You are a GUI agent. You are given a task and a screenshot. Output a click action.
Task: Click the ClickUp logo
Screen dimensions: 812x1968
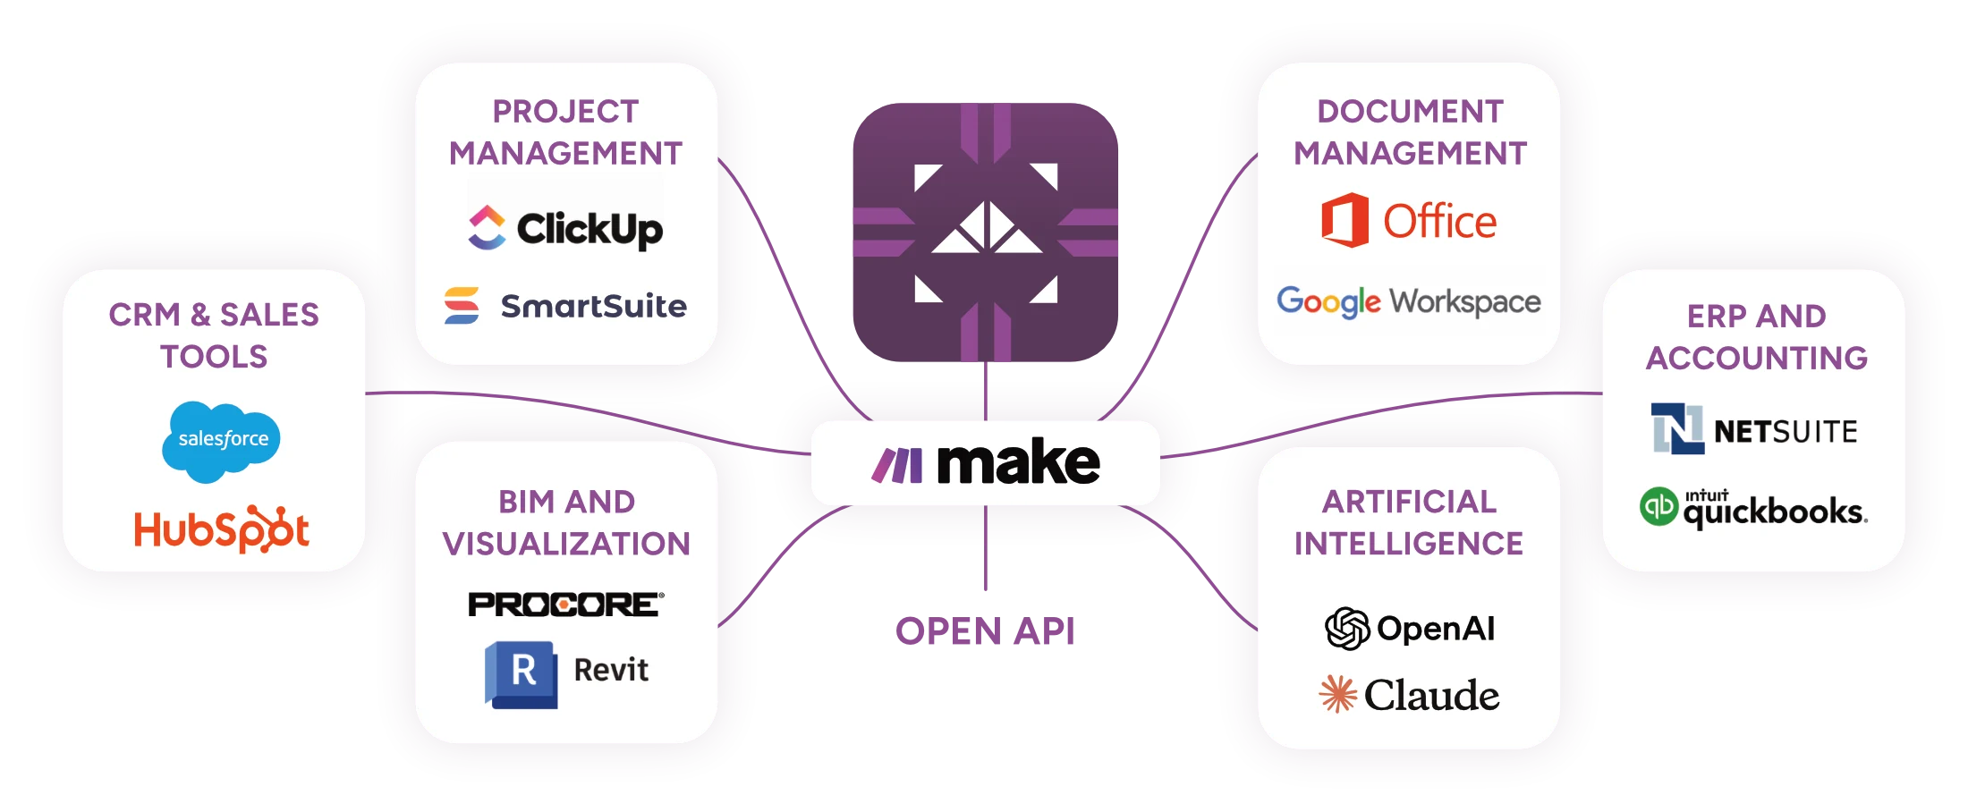[565, 228]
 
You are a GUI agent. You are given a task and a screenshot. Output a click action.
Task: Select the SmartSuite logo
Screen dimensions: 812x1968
[565, 306]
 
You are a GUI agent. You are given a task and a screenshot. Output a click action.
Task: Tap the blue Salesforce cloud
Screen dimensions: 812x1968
[221, 440]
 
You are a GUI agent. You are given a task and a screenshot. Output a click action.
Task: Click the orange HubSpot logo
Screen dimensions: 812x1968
[221, 529]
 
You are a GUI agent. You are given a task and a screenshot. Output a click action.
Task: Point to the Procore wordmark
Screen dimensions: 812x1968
[565, 605]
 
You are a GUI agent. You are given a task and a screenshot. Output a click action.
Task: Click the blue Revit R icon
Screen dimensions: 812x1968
[522, 673]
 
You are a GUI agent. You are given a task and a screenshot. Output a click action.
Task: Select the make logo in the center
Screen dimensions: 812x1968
[985, 463]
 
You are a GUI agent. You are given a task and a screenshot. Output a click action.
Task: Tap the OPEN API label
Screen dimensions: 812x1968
[984, 633]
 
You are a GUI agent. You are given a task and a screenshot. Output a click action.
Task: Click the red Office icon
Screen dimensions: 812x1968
[1345, 220]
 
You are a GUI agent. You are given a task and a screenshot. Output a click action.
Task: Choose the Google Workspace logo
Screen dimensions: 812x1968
[1408, 302]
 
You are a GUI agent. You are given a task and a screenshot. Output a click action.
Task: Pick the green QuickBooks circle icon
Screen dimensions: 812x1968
[1658, 506]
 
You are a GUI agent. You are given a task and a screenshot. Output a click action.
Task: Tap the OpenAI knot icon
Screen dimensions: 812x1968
[1347, 628]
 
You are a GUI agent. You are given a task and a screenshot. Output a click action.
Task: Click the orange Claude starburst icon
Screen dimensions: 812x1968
[1337, 694]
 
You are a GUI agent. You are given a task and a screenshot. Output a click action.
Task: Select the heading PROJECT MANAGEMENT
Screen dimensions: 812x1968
[565, 132]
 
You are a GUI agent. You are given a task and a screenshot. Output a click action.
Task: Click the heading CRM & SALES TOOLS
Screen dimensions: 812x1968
[214, 335]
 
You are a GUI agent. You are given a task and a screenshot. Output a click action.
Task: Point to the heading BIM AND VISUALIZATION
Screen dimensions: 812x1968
[566, 522]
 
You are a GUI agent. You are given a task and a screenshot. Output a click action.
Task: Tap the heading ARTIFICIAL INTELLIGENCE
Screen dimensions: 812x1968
[1409, 522]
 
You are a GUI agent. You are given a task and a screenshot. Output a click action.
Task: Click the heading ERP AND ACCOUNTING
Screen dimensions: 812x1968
[1756, 337]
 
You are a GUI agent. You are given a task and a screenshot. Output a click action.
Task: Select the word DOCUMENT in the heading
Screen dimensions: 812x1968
[1410, 112]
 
